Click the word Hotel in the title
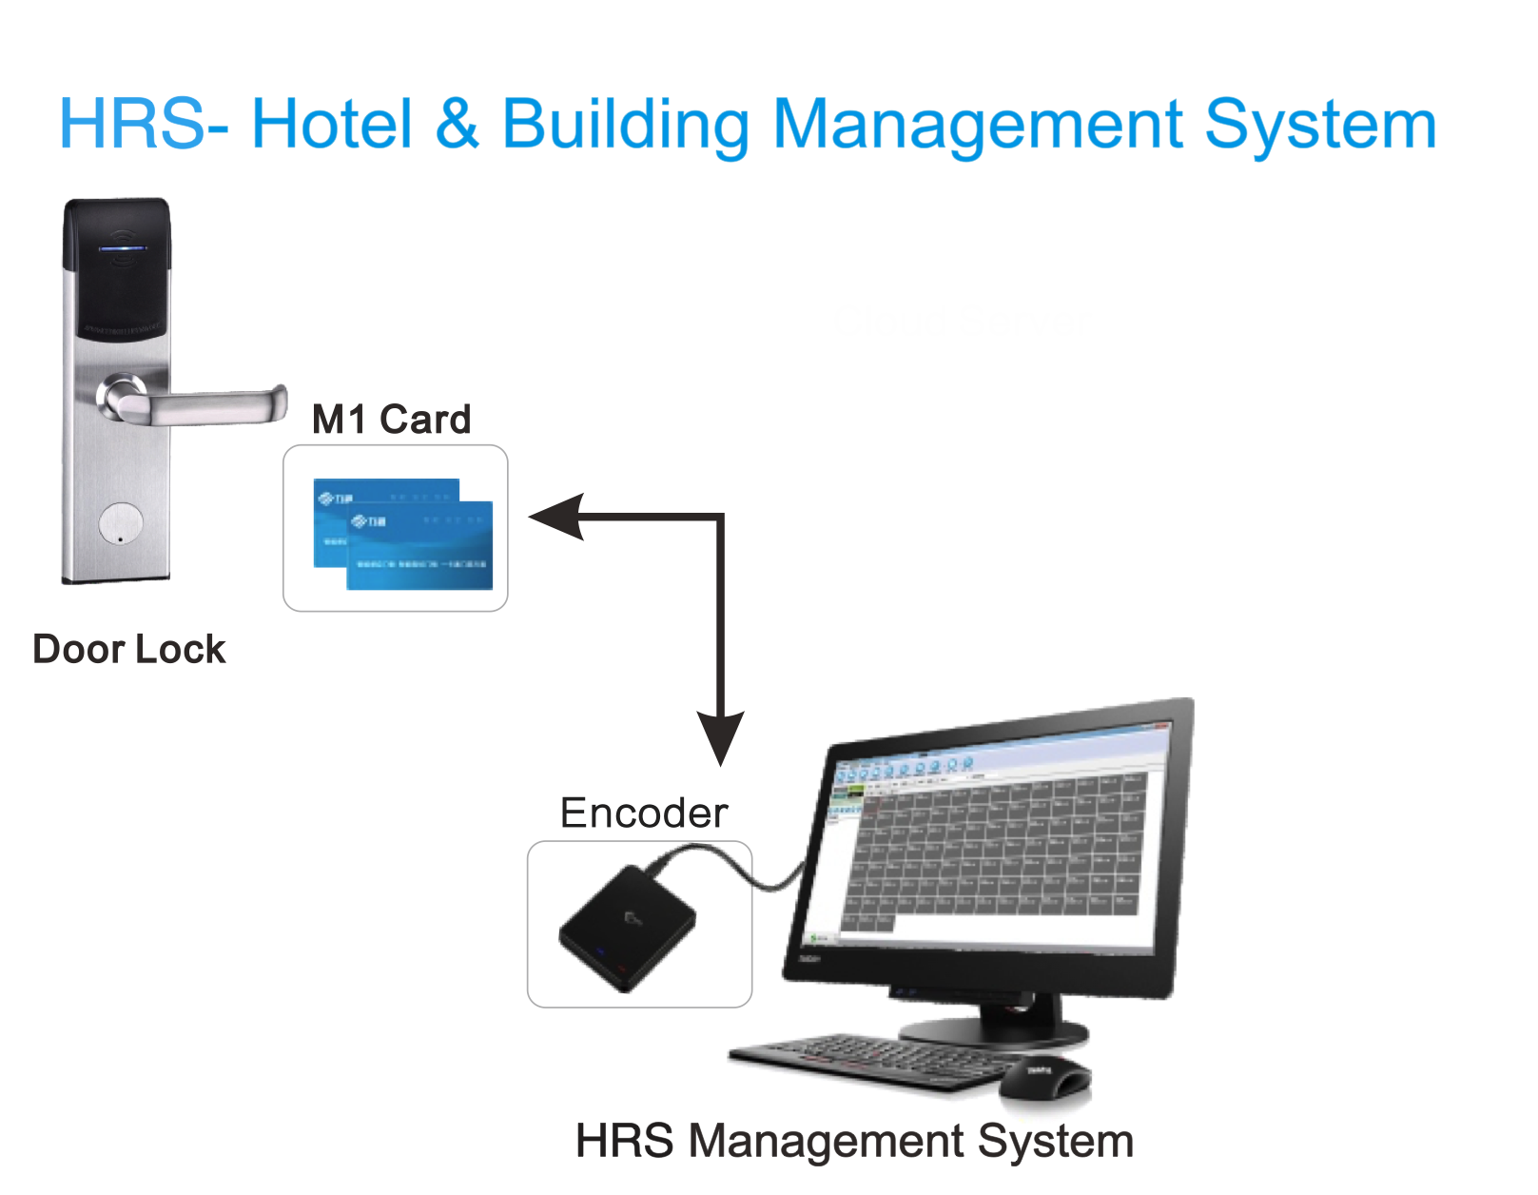click(x=332, y=125)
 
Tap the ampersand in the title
click(x=458, y=125)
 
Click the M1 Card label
click(x=391, y=420)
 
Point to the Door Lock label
click(x=129, y=650)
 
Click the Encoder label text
click(x=644, y=813)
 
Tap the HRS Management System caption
click(x=854, y=1141)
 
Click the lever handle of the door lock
click(x=209, y=406)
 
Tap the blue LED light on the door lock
click(x=124, y=249)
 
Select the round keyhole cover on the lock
click(x=121, y=524)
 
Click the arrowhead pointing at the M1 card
click(x=556, y=517)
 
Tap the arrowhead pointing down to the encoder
click(x=721, y=737)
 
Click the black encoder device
click(x=627, y=928)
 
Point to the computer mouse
click(x=1046, y=1077)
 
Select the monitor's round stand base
click(x=994, y=1030)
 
